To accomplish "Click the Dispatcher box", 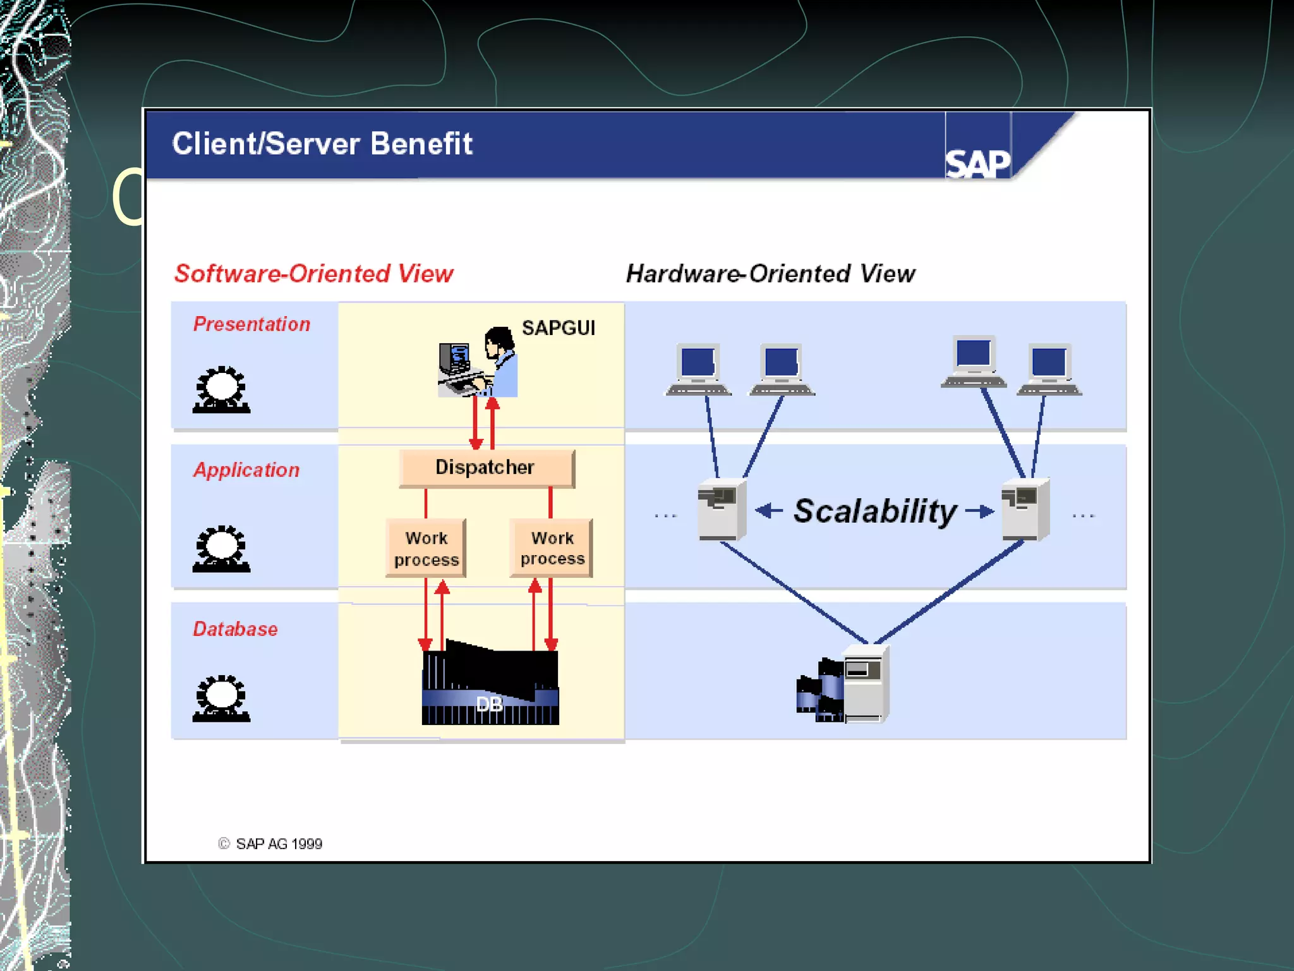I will click(x=486, y=468).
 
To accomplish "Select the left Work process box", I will click(x=426, y=548).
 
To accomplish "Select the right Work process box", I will click(x=552, y=547).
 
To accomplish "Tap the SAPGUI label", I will click(x=558, y=328).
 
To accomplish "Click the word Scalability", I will click(x=874, y=511).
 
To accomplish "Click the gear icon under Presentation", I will click(x=221, y=389).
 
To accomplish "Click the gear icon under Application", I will click(x=221, y=549).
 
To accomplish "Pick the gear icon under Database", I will click(x=221, y=699).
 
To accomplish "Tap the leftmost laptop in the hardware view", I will click(x=699, y=370).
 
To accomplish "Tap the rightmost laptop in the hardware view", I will click(x=1049, y=370).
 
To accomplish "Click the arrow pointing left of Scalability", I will click(x=769, y=510).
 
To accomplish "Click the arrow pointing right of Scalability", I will click(x=980, y=510).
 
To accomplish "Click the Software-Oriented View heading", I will click(x=314, y=274).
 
